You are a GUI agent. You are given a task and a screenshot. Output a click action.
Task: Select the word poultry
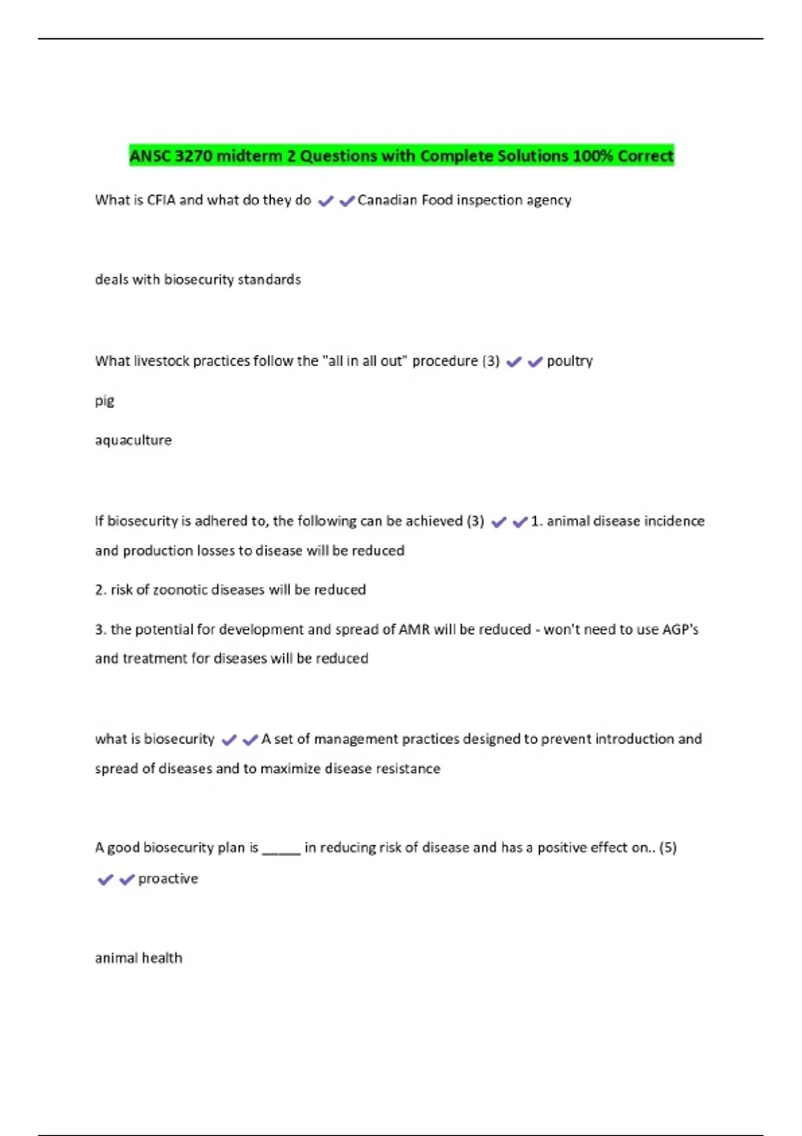[569, 362]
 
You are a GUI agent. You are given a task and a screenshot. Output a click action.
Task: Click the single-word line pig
[104, 401]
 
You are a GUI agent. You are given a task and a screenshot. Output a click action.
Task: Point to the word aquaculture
[133, 440]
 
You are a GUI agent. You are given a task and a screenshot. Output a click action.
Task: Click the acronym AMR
[414, 629]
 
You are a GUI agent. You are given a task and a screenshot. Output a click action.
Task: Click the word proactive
[168, 879]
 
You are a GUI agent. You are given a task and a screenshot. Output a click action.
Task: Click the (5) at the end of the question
[668, 847]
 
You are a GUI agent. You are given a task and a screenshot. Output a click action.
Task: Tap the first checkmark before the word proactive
[106, 879]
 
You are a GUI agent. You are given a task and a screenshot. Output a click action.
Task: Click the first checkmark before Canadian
[325, 201]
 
